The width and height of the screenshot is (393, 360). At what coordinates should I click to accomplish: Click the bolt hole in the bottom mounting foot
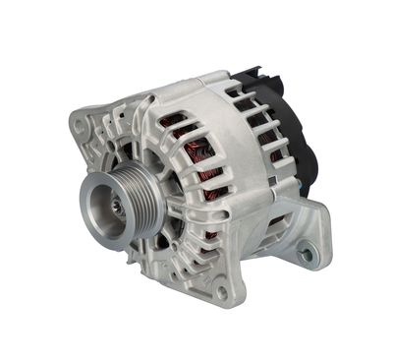click(223, 292)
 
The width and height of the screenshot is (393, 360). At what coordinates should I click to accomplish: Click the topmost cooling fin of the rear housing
click(241, 93)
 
